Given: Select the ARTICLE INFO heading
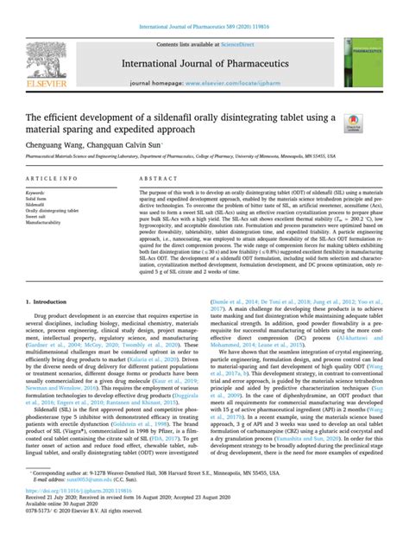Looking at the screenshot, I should coord(49,177).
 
